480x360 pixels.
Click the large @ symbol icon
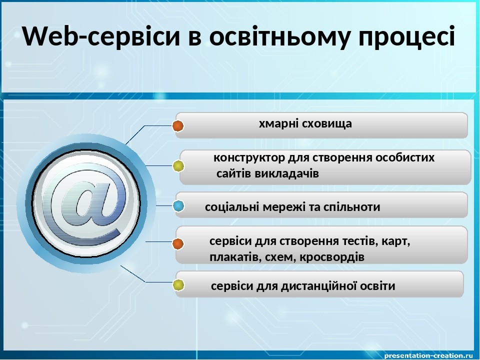tap(86, 203)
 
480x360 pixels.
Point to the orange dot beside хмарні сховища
tap(178, 126)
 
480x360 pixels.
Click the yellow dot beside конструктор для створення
tap(178, 166)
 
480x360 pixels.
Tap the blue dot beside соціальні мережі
tap(178, 206)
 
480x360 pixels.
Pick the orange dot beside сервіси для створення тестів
tap(178, 244)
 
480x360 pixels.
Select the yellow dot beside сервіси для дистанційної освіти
tap(178, 285)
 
